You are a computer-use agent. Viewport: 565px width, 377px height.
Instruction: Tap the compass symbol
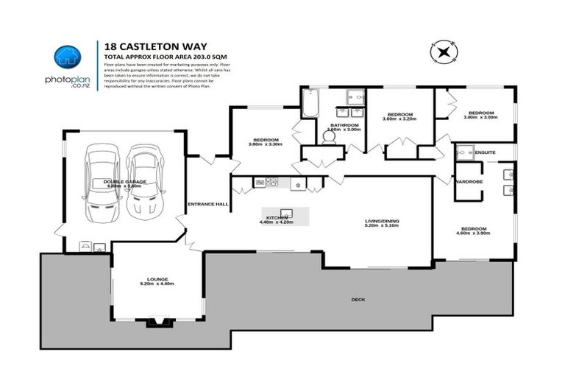click(x=444, y=52)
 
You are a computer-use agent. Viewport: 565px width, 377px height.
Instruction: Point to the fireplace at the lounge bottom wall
click(x=157, y=322)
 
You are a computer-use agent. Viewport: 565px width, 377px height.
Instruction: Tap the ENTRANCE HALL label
click(x=208, y=204)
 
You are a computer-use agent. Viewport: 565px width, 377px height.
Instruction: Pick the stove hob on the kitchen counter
click(x=270, y=182)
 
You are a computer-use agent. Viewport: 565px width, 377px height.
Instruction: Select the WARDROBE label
click(x=469, y=181)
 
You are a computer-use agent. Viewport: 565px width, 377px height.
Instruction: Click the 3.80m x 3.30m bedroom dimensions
click(x=266, y=144)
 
